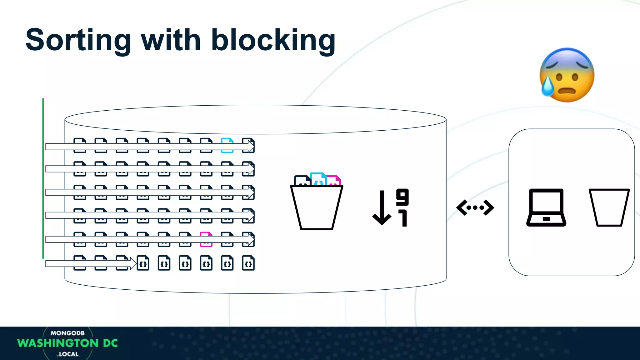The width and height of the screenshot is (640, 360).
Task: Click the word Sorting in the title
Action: (78, 41)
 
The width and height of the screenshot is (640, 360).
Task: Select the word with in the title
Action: (171, 41)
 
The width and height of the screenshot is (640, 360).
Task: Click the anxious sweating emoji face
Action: (567, 75)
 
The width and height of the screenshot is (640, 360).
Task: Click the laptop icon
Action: (546, 207)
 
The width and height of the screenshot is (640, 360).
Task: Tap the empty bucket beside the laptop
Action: (609, 207)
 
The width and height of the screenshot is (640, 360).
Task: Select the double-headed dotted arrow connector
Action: (475, 207)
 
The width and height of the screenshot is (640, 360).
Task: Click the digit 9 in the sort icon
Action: (402, 197)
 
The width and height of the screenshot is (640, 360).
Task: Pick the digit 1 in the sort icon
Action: (403, 218)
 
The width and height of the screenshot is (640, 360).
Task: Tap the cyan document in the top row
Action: (227, 145)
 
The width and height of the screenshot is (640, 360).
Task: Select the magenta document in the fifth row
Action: (206, 239)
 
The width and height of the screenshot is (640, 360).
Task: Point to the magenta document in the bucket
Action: (334, 180)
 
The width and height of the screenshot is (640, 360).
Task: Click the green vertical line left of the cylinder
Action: (43, 178)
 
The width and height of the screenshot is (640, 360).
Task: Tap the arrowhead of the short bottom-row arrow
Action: (133, 263)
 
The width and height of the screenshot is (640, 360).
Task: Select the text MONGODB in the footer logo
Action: (67, 333)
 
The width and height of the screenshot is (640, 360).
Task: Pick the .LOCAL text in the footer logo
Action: (68, 354)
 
